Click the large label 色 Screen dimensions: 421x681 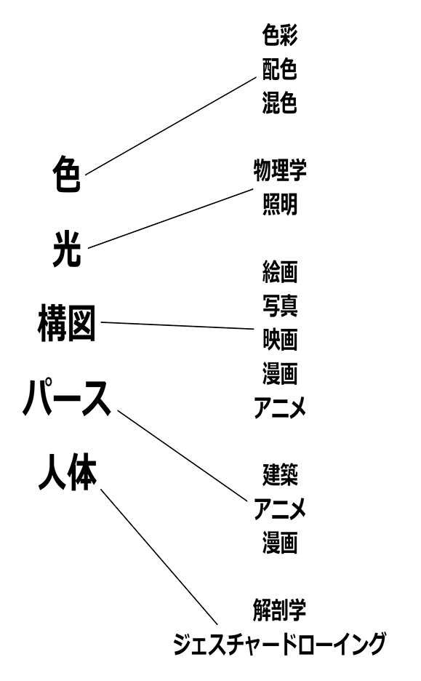(67, 174)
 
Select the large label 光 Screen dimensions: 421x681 (67, 249)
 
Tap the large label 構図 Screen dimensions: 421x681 (67, 323)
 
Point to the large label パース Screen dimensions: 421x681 (67, 397)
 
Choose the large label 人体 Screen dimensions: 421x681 (68, 472)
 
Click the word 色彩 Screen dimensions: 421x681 (279, 35)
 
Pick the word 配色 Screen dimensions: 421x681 (279, 68)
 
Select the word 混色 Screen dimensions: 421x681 (279, 103)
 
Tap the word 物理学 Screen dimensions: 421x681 (280, 170)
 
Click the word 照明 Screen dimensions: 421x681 (280, 204)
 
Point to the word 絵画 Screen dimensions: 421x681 (280, 272)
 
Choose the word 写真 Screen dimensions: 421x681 (280, 306)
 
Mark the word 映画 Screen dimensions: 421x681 (280, 340)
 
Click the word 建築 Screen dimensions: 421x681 (280, 474)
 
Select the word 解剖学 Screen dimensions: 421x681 (279, 610)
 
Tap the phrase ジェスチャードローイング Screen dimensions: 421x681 (279, 644)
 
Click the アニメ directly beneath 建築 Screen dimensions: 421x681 (280, 509)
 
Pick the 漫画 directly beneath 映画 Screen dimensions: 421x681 (280, 373)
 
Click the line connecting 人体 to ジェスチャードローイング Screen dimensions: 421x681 (159, 557)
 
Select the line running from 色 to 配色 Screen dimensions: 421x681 (171, 126)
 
